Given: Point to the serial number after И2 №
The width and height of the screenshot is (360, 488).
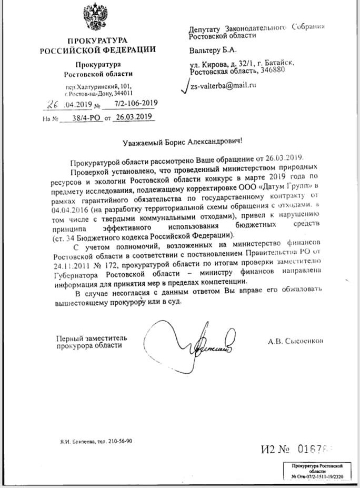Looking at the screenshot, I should click(316, 449).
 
